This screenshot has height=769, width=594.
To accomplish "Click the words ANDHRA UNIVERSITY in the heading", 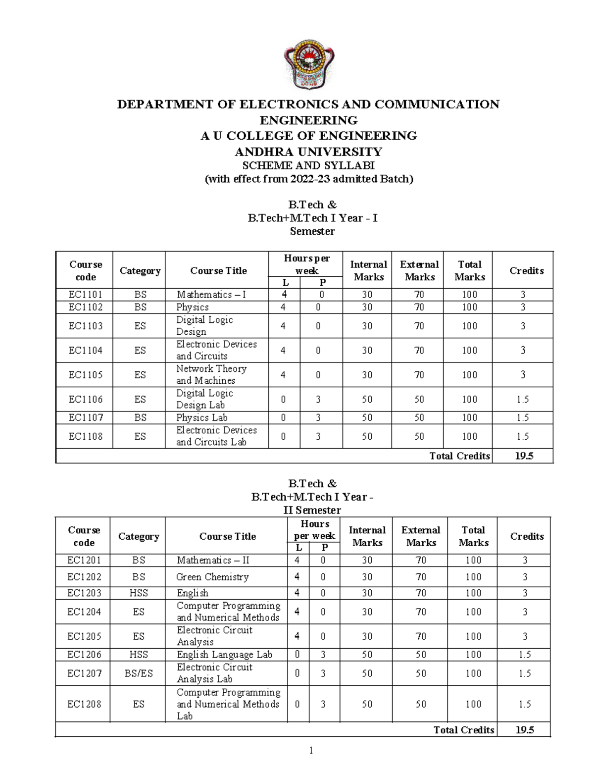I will pos(308,151).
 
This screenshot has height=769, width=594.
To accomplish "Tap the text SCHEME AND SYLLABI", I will pos(308,165).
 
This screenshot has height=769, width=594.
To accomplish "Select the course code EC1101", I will pos(85,295).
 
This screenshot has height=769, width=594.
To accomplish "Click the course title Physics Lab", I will pos(202,417).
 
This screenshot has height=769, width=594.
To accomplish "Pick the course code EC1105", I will pos(85,375).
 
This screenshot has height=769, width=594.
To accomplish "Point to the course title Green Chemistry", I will pos(212,577).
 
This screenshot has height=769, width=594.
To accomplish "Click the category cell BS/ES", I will pos(139,673).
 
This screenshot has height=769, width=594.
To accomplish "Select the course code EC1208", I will pos(84,704).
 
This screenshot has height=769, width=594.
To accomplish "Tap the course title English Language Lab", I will pos(225,655).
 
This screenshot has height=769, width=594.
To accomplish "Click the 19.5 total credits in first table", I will pos(524,456).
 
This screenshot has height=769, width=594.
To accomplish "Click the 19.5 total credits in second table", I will pos(525,730).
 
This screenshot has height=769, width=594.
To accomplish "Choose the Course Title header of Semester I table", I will pos(218,271).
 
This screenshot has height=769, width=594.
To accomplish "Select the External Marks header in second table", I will pos(421,536).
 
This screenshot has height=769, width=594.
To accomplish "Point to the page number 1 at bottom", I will pos(311,751).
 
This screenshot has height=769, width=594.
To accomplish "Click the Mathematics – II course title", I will pos(213,560).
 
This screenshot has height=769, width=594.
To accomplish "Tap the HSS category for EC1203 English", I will pos(139,593).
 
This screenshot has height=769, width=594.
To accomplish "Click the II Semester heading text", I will pos(312,510).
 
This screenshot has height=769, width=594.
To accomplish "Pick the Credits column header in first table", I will pos(527,271).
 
